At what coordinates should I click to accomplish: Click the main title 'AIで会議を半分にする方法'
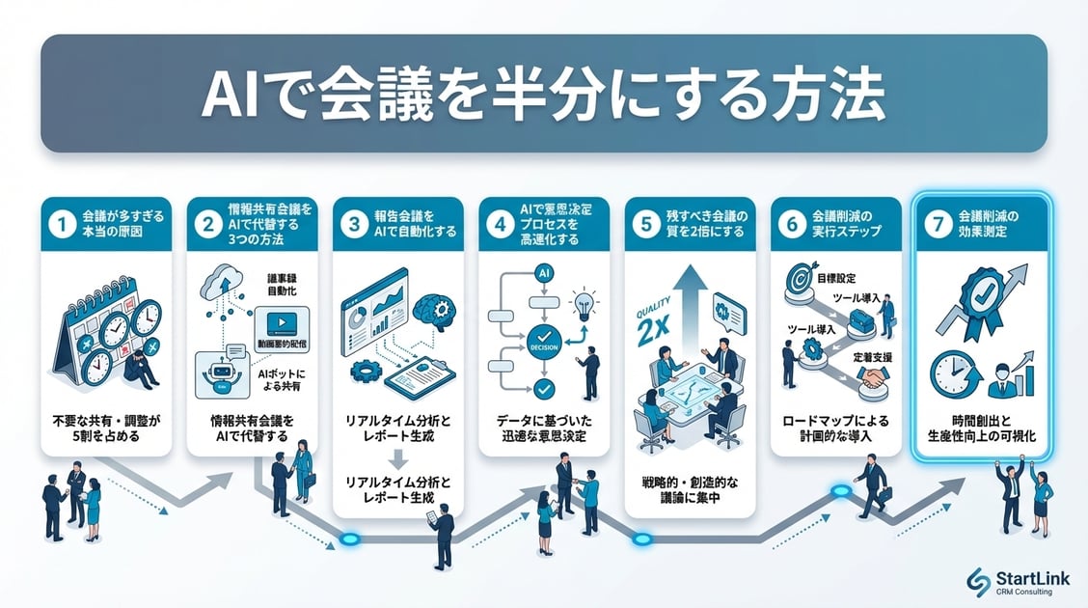tap(543, 95)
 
